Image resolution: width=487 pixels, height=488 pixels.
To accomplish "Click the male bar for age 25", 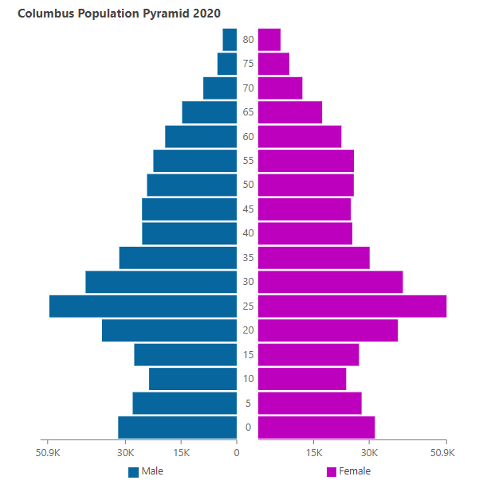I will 143,306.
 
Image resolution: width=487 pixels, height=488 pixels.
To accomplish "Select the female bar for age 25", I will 352,306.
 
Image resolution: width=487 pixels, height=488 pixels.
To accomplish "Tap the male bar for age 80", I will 230,40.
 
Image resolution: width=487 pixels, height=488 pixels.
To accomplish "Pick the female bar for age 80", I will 269,40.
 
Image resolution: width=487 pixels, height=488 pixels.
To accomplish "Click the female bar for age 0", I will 316,427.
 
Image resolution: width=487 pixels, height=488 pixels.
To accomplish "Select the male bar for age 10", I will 193,379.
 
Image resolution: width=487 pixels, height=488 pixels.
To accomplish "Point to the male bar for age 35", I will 178,258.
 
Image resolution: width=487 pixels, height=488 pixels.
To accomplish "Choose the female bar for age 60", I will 300,137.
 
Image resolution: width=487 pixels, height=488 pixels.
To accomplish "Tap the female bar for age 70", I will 280,88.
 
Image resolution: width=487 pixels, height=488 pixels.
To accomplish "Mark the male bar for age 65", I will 210,112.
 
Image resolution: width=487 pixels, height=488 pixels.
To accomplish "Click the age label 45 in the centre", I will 249,209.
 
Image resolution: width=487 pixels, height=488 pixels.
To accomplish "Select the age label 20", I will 249,330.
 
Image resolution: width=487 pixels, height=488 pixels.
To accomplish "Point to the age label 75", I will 249,64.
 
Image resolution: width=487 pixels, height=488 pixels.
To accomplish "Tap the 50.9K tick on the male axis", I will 48,453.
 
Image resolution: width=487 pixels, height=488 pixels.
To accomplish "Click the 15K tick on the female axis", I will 313,453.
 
